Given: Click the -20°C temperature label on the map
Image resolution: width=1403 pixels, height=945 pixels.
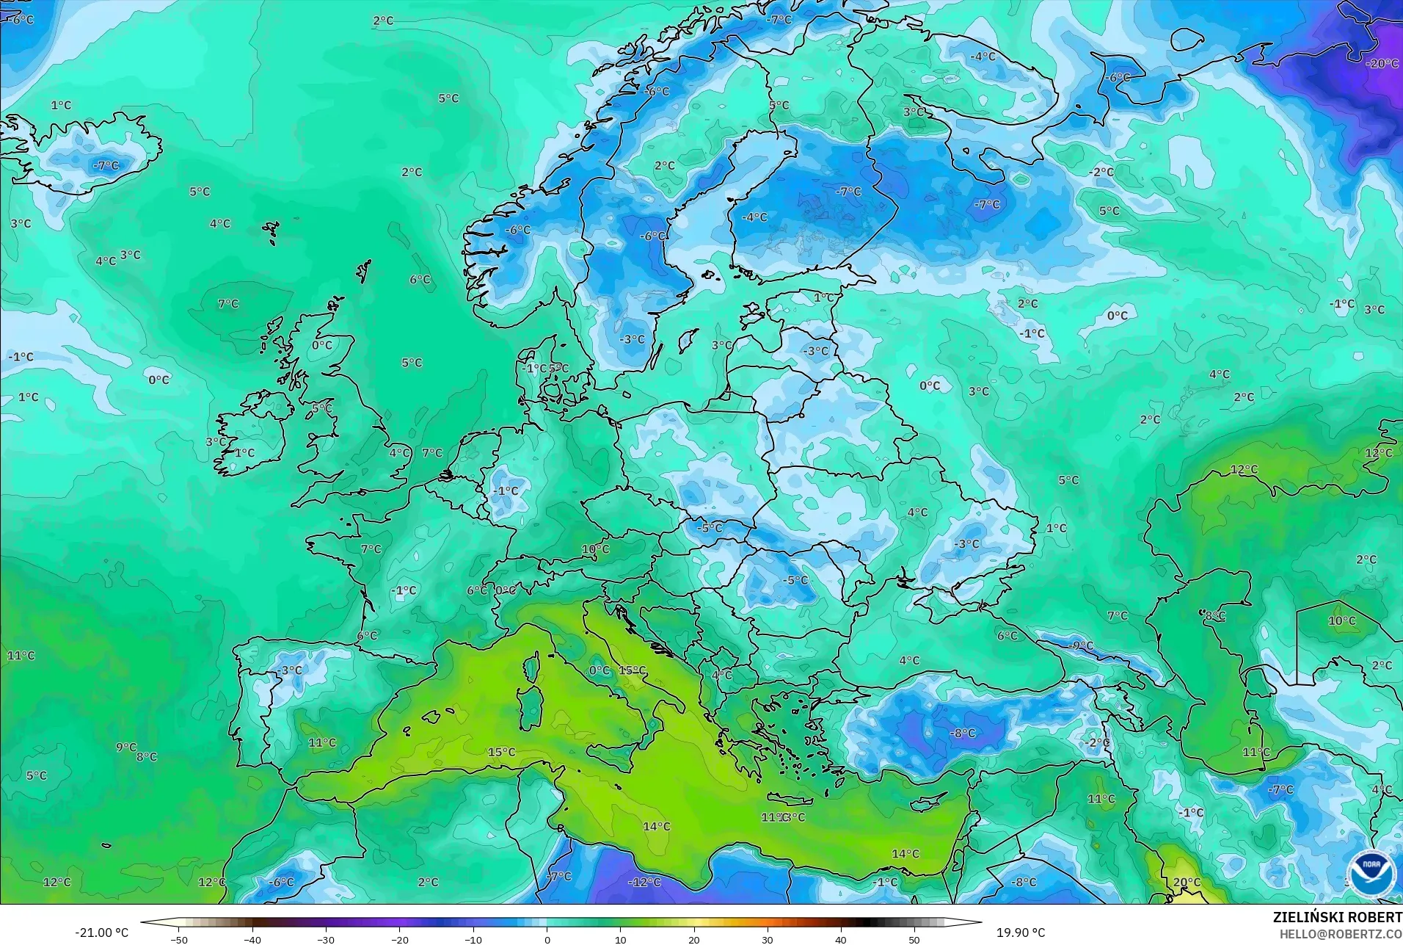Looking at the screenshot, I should click(1382, 64).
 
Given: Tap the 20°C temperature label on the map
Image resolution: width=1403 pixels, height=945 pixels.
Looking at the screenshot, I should click(1187, 883).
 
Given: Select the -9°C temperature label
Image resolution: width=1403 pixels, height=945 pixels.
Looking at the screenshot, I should click(1081, 646).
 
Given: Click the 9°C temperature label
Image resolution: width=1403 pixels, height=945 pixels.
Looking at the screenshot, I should click(125, 747).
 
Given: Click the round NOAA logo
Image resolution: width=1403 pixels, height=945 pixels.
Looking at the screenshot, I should click(1371, 872).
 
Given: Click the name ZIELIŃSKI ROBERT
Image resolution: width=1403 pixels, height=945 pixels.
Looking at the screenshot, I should click(1337, 917).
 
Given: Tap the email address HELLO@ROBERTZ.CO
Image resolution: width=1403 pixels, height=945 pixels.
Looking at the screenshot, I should click(1341, 934).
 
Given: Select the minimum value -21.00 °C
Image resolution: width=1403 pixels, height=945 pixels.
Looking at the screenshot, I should click(101, 933).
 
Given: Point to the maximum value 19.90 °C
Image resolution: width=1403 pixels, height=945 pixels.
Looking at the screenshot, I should click(1020, 933).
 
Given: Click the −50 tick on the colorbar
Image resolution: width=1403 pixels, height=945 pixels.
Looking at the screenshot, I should click(179, 940).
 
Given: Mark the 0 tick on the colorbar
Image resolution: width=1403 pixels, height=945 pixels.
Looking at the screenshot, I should click(547, 940).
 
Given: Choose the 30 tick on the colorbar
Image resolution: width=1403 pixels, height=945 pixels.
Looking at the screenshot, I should click(767, 940).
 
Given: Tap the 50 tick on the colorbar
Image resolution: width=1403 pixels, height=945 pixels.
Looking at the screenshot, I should click(914, 940).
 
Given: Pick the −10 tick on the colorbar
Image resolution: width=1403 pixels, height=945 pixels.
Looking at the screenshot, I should click(473, 940).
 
